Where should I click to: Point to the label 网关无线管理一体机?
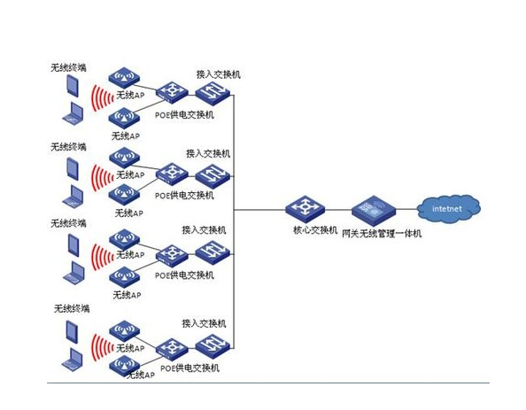pyautogui.click(x=382, y=233)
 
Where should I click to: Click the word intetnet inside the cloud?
pyautogui.click(x=447, y=209)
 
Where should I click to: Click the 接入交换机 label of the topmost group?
pyautogui.click(x=218, y=74)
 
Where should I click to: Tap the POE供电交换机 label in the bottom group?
pyautogui.click(x=190, y=367)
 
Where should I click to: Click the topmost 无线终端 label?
pyautogui.click(x=68, y=67)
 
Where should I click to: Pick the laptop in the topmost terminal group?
pyautogui.click(x=72, y=112)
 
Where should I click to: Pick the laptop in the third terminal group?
pyautogui.click(x=72, y=270)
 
